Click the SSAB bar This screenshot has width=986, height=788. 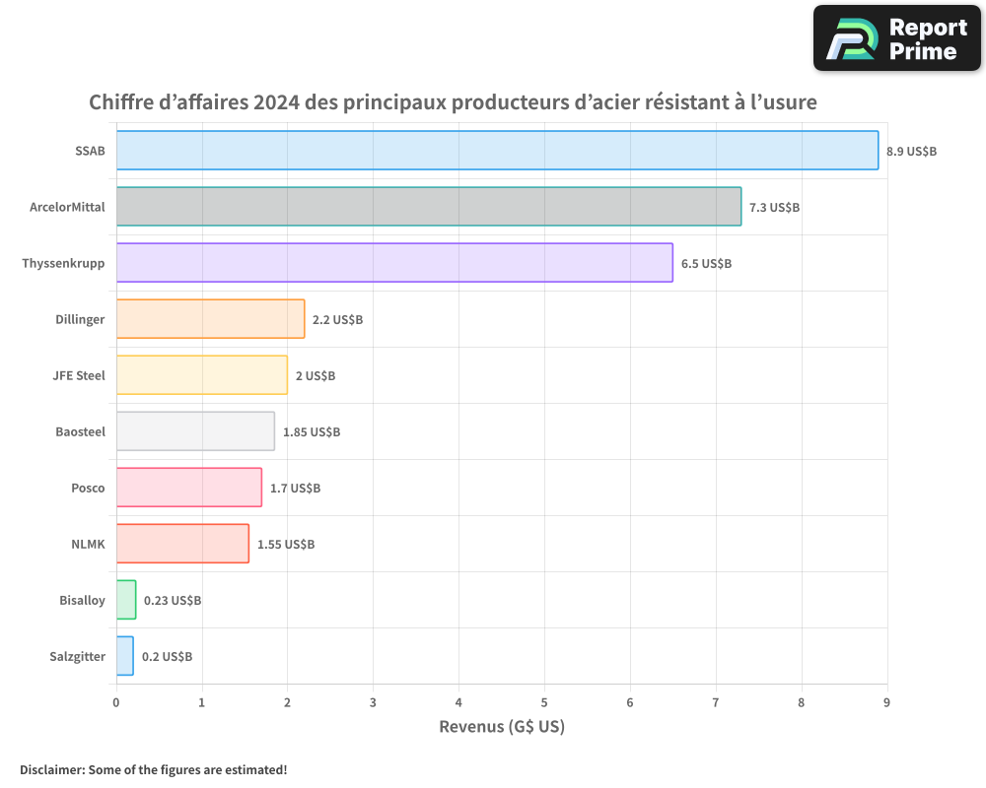point(497,151)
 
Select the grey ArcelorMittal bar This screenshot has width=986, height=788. point(429,207)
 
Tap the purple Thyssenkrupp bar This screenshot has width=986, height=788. point(394,263)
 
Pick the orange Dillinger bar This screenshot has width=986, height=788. point(210,319)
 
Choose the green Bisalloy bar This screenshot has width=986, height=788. point(126,600)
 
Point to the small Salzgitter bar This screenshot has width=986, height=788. point(125,656)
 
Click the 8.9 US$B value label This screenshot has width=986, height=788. point(911,152)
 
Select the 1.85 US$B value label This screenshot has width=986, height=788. point(312,432)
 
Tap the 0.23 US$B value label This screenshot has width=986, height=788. point(173,601)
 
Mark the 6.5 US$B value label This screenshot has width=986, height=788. point(706,264)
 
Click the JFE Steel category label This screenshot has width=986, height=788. point(79,375)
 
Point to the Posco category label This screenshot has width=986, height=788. point(88,488)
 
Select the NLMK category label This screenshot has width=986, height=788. point(88,544)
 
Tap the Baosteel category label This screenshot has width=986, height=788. point(81,431)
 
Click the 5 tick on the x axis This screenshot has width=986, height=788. point(544,702)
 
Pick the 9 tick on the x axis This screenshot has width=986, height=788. point(886,702)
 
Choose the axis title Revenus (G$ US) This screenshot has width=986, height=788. point(502,727)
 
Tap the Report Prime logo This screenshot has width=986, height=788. point(896,38)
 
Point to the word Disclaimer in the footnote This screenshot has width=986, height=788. point(50,770)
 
